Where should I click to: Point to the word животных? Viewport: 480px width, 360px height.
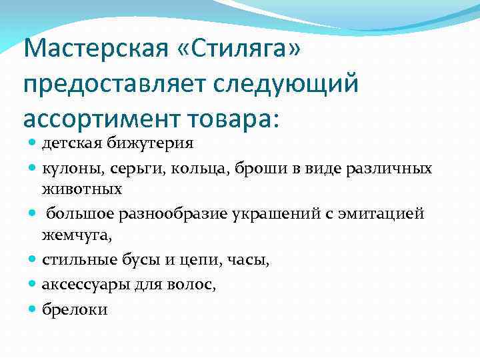[81, 189]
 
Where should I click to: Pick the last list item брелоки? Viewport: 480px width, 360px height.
[75, 310]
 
